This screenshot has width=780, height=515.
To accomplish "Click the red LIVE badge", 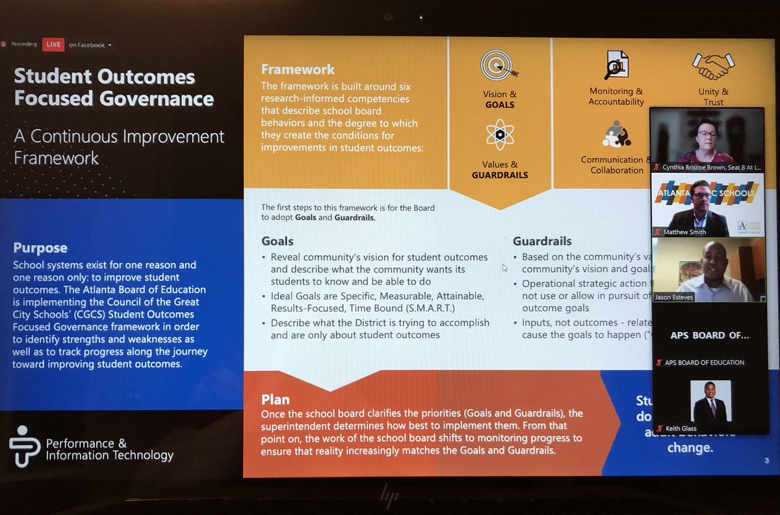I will (53, 45).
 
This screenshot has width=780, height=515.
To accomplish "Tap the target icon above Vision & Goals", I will (498, 66).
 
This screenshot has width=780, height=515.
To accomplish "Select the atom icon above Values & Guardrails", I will (499, 135).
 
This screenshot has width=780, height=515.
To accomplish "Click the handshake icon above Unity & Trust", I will (713, 65).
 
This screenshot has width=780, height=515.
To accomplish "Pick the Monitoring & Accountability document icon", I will (616, 65).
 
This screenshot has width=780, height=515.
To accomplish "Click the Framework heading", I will (298, 69).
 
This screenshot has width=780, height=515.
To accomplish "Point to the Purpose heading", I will (40, 248).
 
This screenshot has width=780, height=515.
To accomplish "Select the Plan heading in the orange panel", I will (276, 399).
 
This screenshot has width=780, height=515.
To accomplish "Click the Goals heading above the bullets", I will (278, 241).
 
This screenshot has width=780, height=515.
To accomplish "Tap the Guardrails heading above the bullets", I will (542, 241).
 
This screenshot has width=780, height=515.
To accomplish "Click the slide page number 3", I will (767, 460).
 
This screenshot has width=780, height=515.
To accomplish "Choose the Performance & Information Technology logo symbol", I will (24, 446).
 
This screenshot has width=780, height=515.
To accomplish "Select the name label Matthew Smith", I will (684, 232).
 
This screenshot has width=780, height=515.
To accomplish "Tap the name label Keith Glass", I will (680, 428).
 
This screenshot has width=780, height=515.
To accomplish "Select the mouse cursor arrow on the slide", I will (504, 268).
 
